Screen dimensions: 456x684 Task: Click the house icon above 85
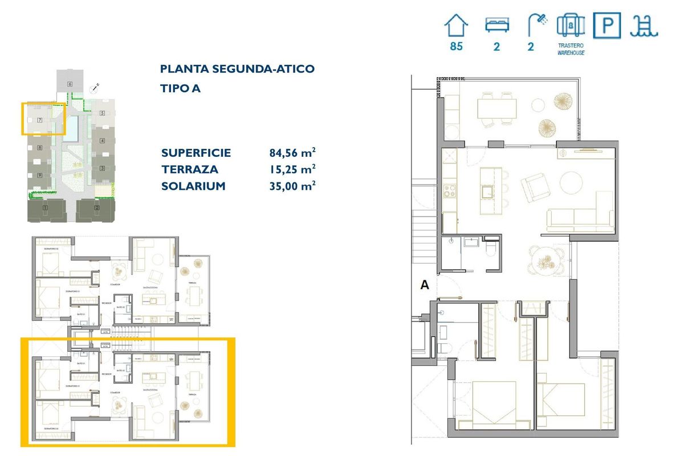pos(456,26)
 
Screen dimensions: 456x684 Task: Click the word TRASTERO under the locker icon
pos(571,45)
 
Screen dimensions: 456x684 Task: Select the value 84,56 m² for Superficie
pos(292,153)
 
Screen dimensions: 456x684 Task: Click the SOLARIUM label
pos(193,186)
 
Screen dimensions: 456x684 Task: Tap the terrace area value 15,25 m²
pos(292,169)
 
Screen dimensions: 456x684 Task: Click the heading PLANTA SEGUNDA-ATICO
pos(237,69)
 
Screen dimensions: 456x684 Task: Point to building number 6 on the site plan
pos(70,84)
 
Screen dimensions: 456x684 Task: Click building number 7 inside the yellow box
pos(39,120)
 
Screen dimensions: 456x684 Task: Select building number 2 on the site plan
pos(97,208)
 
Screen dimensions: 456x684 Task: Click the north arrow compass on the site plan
pos(95,88)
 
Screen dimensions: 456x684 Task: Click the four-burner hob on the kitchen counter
pos(450,190)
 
